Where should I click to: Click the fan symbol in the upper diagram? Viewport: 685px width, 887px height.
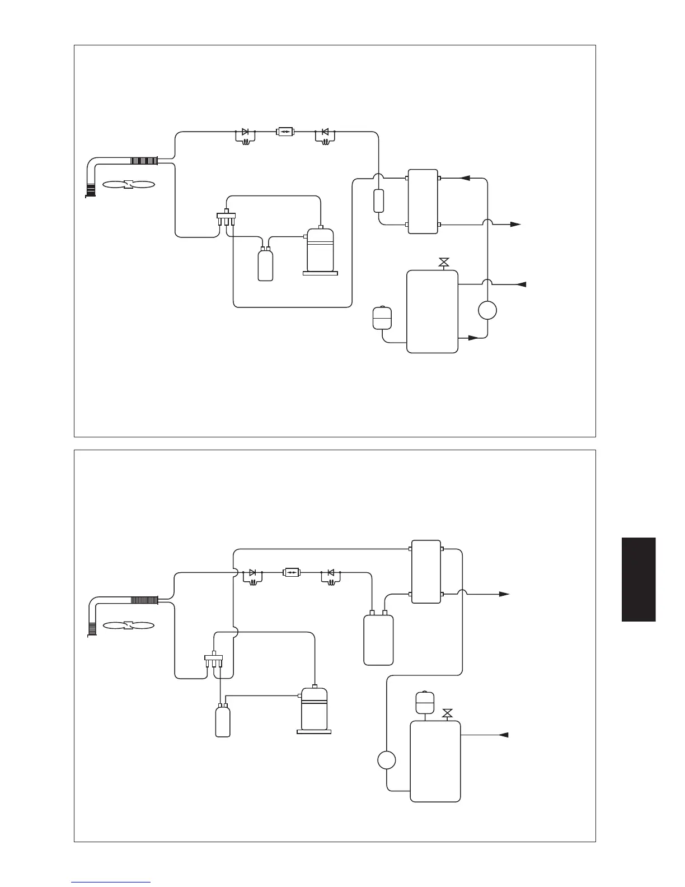pos(129,184)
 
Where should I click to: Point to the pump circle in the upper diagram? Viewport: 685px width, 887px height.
pos(487,310)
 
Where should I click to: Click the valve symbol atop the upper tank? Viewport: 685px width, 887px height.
pos(444,262)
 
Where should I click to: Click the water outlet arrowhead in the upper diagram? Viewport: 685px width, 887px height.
pos(515,225)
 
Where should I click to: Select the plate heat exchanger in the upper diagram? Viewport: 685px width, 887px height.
pos(423,201)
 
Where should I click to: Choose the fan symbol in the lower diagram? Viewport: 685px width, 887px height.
pos(129,625)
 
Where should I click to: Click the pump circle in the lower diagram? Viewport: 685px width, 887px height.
pos(386,760)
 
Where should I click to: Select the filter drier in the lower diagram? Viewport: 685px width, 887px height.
pos(292,572)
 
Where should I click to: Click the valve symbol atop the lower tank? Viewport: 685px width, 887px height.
pos(447,713)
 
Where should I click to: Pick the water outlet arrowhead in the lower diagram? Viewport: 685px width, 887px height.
pos(504,594)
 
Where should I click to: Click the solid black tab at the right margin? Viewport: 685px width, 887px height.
pos(638,579)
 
